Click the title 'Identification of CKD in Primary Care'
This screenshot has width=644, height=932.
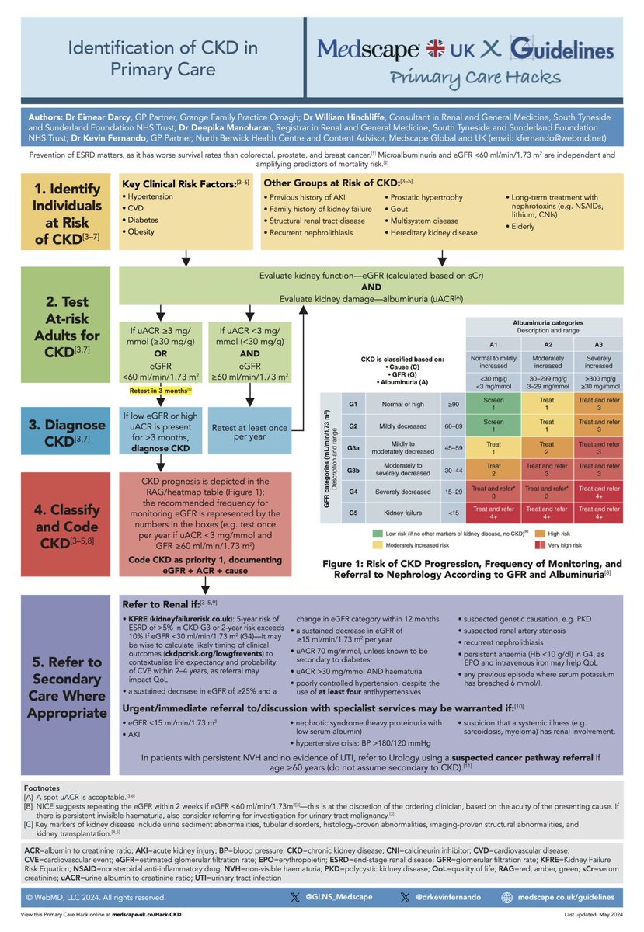click(163, 59)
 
